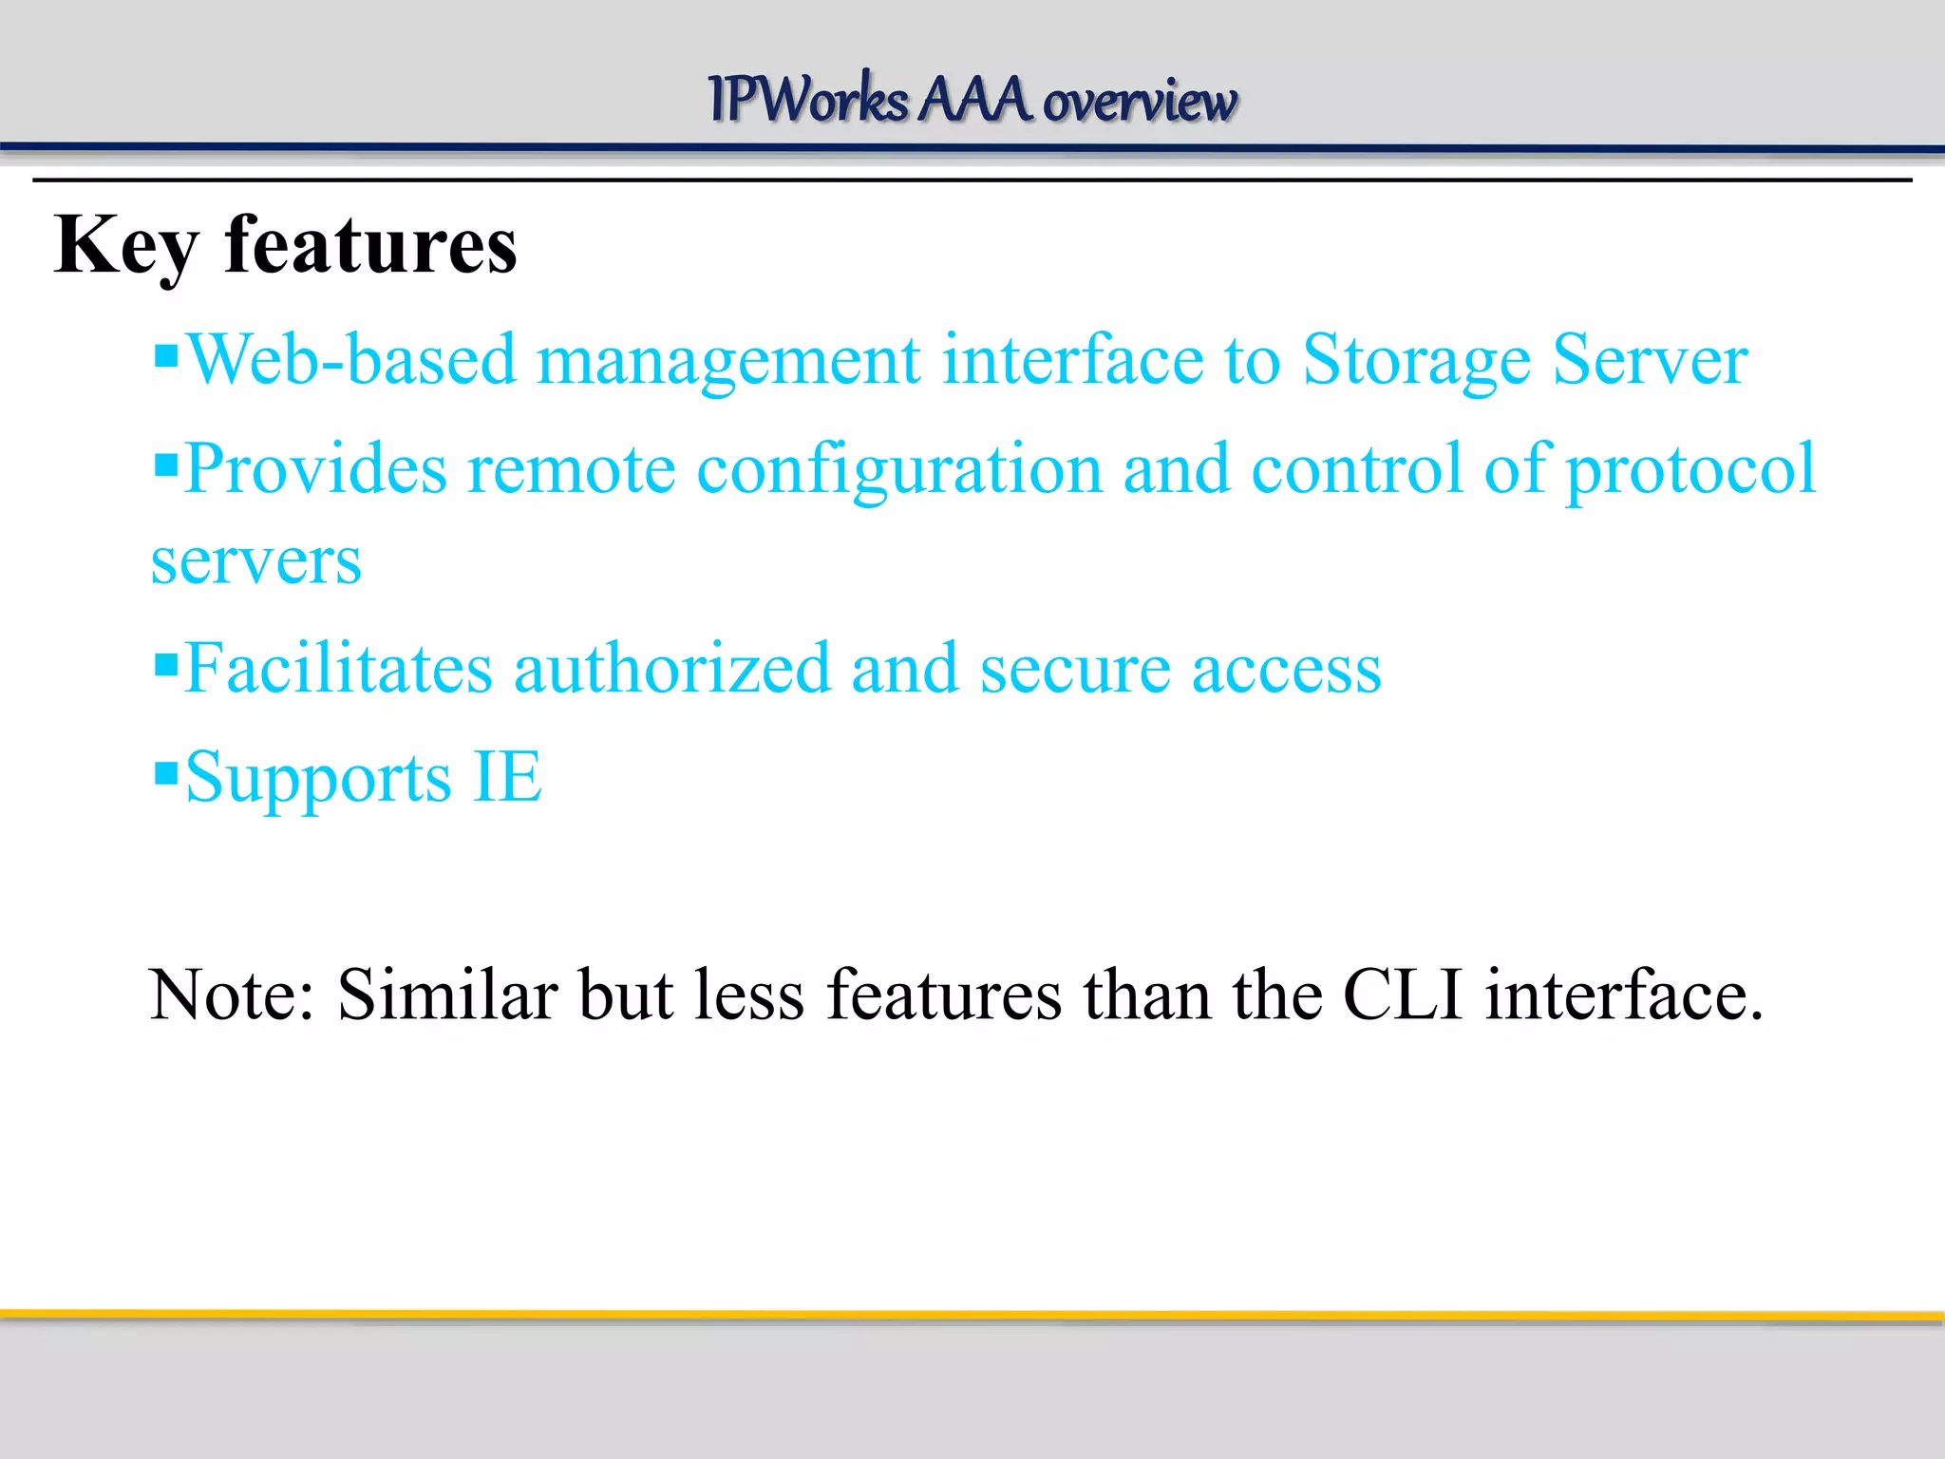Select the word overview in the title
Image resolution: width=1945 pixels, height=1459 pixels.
point(1140,101)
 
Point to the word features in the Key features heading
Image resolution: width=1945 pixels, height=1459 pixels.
point(370,245)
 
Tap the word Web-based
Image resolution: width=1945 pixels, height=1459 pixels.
point(351,361)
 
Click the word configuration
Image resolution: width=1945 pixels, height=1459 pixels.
point(898,471)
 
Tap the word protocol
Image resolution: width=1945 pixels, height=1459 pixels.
point(1690,471)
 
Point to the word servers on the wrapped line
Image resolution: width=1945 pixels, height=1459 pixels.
point(256,562)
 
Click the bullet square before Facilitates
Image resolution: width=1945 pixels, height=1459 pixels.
point(166,662)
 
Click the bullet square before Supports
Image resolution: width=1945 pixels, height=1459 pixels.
point(166,772)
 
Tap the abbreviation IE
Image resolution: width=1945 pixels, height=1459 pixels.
point(507,777)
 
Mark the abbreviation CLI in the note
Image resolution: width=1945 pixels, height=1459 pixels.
point(1402,995)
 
